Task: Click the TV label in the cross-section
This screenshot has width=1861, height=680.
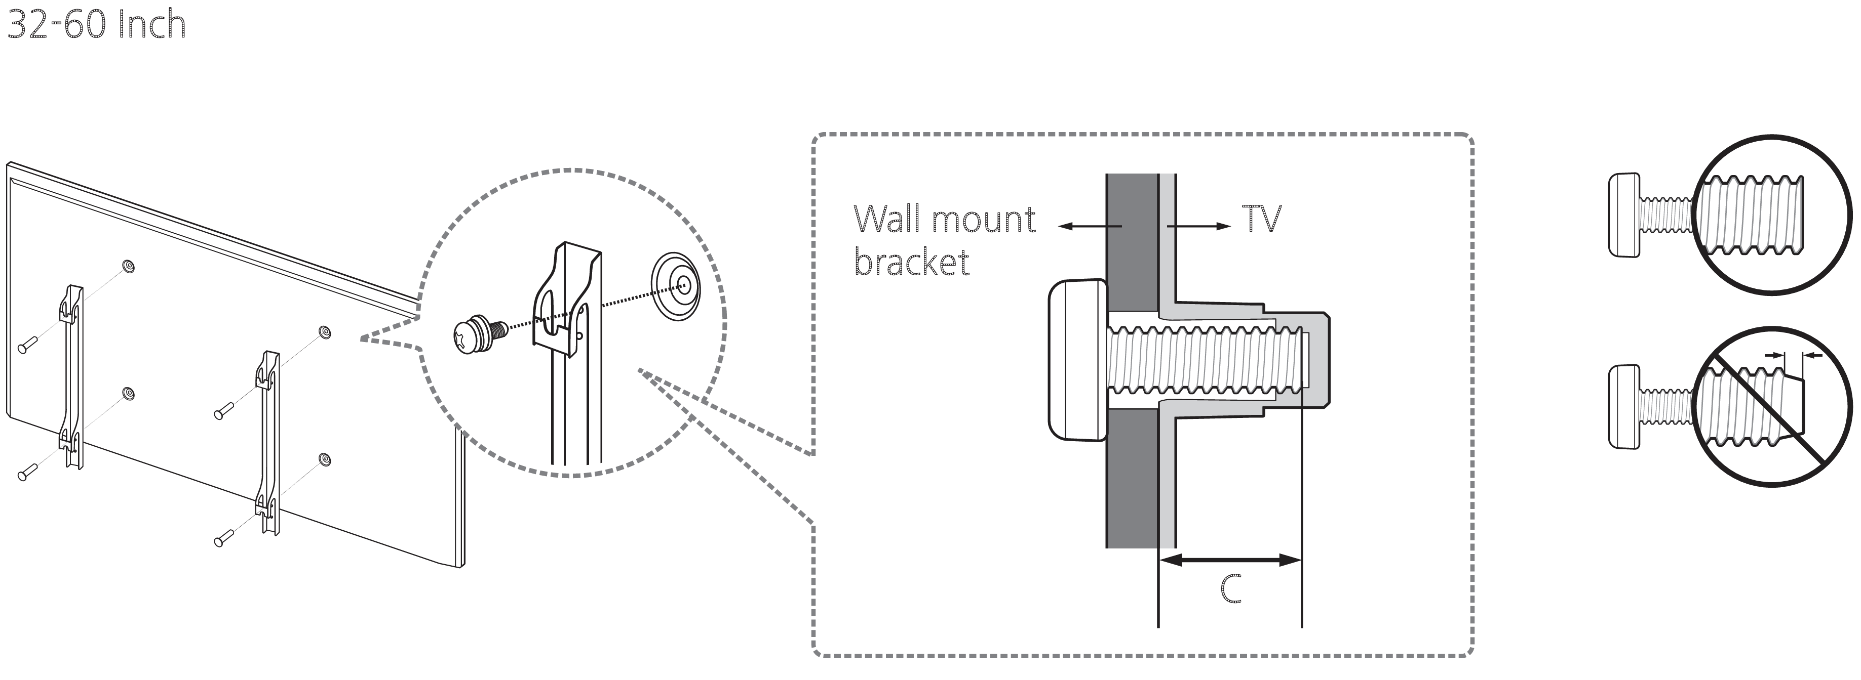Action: pyautogui.click(x=1261, y=218)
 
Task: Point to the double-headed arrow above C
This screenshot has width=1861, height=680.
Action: pyautogui.click(x=1230, y=560)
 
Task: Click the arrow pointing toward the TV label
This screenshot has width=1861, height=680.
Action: pyautogui.click(x=1199, y=226)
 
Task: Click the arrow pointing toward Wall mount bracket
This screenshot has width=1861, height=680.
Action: pyautogui.click(x=1090, y=226)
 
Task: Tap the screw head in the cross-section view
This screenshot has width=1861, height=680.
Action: pyautogui.click(x=1076, y=360)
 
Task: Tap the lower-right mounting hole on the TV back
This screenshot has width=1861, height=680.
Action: pyautogui.click(x=324, y=459)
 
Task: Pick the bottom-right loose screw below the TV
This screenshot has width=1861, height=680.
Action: pyautogui.click(x=224, y=538)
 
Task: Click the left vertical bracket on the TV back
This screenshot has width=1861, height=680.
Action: pyautogui.click(x=71, y=375)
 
